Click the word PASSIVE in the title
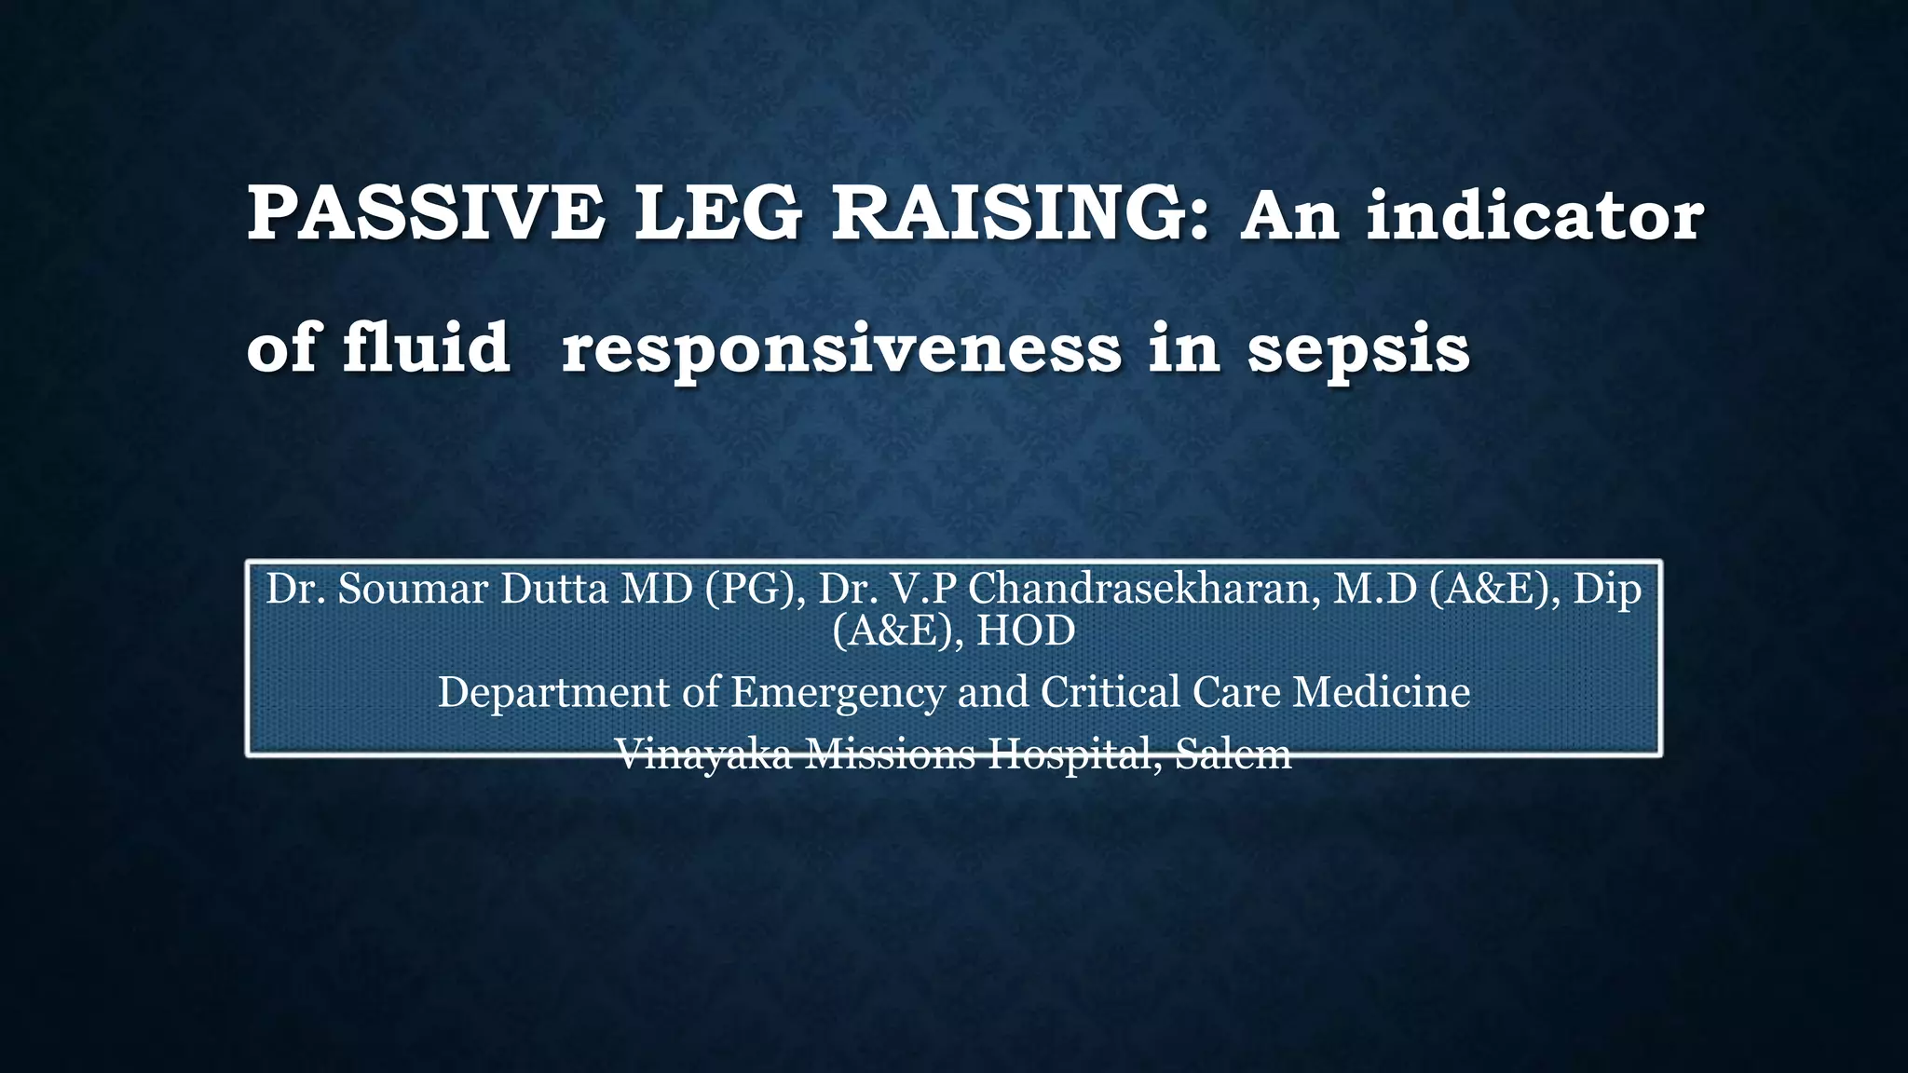[425, 214]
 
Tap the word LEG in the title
[717, 214]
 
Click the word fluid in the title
[426, 347]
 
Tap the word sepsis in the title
[1357, 350]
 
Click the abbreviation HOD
[1026, 631]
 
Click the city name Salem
[1233, 754]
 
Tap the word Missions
[889, 754]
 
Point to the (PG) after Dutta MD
[754, 589]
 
